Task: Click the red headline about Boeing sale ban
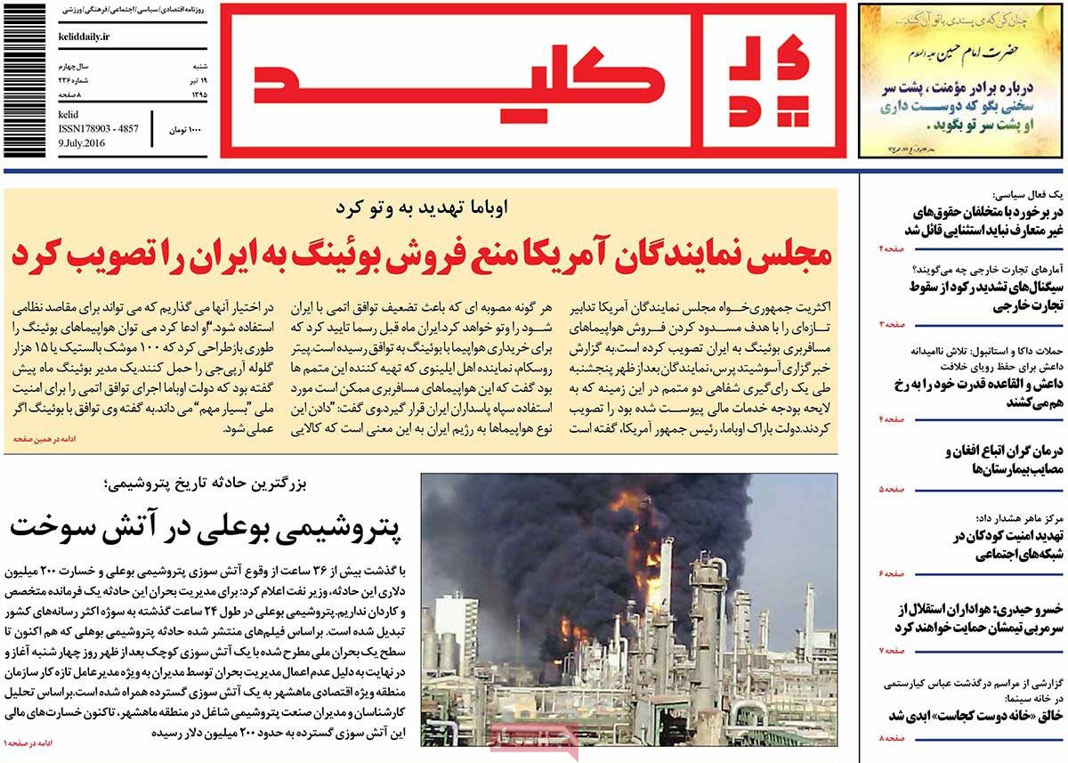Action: (x=421, y=256)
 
